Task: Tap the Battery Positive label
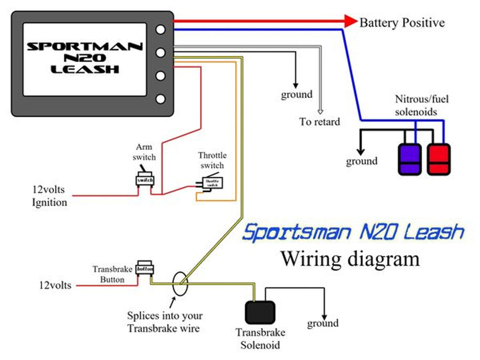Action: click(x=402, y=23)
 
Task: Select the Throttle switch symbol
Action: click(x=210, y=183)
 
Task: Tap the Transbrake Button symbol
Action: click(x=144, y=270)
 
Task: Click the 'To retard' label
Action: click(x=319, y=122)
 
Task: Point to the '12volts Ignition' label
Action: click(x=49, y=197)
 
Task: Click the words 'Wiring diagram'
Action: click(x=350, y=259)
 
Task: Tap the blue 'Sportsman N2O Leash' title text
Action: click(x=353, y=233)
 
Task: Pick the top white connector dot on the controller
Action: click(x=161, y=29)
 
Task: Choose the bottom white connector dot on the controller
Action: click(x=161, y=99)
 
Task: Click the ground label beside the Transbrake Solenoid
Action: click(x=322, y=323)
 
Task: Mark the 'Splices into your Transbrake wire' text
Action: click(x=165, y=322)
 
